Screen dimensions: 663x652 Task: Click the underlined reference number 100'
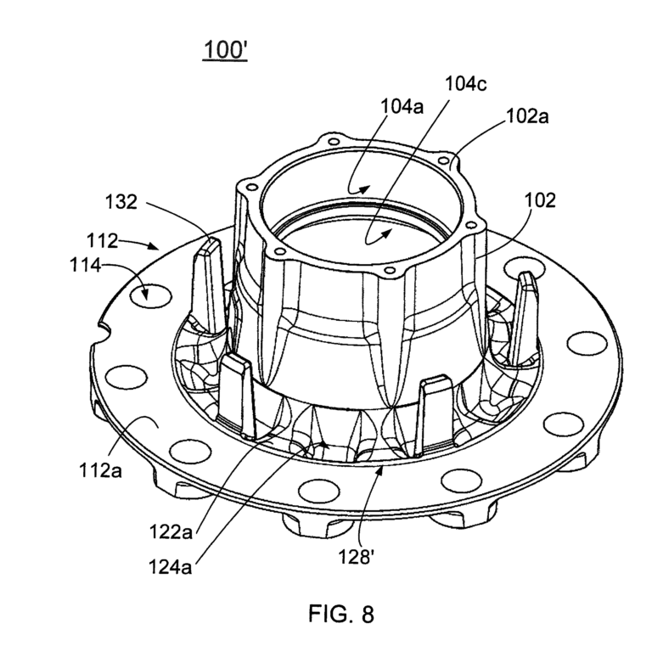tap(224, 50)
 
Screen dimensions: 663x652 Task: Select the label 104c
tap(467, 83)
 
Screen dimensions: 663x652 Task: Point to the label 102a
tap(527, 117)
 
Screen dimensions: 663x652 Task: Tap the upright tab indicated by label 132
tap(209, 276)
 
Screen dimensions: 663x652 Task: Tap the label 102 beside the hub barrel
tap(540, 200)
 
